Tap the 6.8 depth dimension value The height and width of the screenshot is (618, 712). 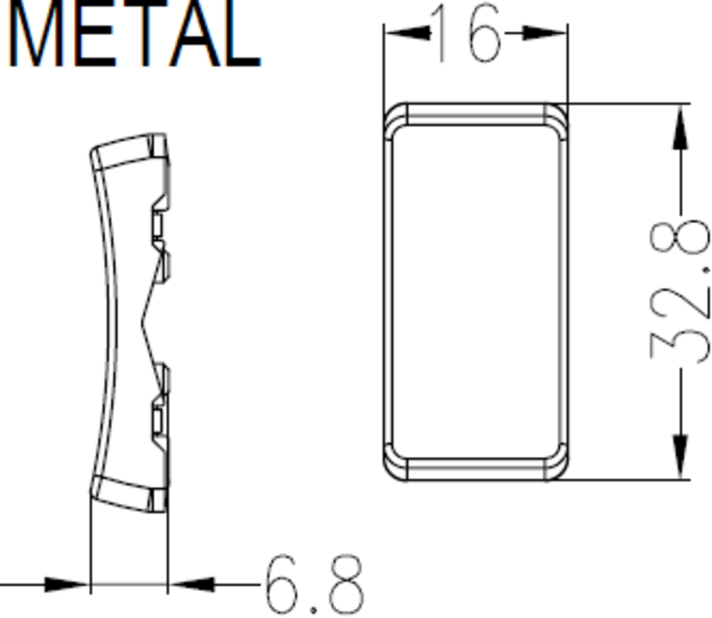pos(314,585)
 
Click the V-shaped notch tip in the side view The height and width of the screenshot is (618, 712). pos(143,323)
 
